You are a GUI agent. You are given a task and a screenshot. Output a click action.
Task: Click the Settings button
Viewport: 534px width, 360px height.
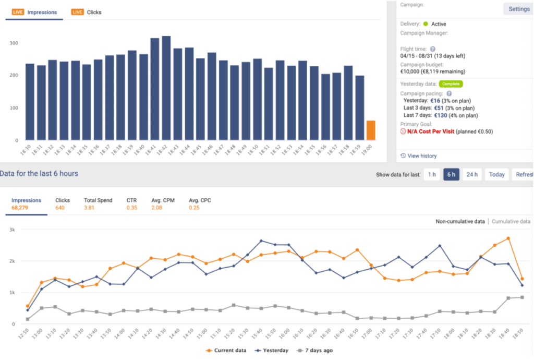(x=519, y=9)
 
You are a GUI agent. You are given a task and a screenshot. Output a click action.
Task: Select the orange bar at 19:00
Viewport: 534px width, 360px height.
(x=370, y=130)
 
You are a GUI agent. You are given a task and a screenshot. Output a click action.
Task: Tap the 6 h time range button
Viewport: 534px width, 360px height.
(x=451, y=174)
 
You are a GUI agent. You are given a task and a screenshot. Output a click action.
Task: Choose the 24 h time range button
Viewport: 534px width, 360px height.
(x=472, y=174)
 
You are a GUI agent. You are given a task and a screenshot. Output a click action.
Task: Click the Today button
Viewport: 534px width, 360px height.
(x=496, y=174)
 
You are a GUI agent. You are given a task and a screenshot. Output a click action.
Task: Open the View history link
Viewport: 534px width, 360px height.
(x=422, y=156)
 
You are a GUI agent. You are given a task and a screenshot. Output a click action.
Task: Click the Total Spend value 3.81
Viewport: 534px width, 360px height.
(x=90, y=208)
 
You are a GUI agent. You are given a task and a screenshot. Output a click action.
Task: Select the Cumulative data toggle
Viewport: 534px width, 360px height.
(x=511, y=222)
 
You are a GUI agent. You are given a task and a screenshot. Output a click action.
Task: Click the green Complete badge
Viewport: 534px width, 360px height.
(x=451, y=83)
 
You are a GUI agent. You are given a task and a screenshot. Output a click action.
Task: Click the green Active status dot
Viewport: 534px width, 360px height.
(x=426, y=24)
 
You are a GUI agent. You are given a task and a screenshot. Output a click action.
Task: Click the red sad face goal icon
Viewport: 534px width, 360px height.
(x=403, y=132)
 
